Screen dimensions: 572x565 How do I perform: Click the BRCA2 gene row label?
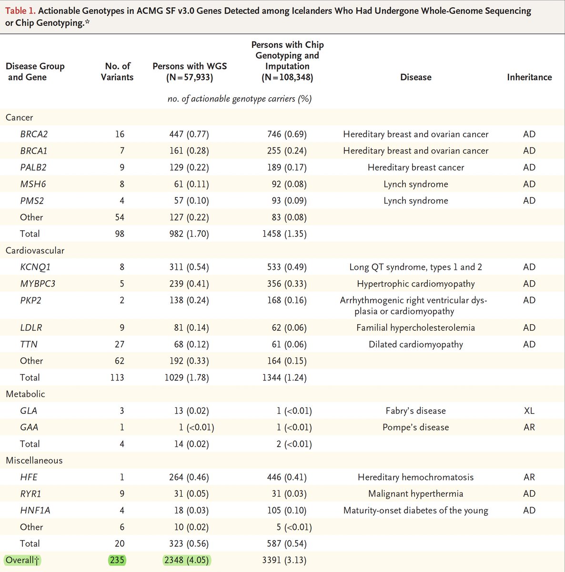pos(34,134)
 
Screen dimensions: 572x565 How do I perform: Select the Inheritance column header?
pos(529,77)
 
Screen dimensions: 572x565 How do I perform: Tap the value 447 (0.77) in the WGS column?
pos(189,134)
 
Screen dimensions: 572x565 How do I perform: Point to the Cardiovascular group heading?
pos(35,251)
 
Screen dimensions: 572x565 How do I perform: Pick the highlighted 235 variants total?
pos(117,560)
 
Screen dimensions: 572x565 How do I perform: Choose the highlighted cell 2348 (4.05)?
pos(186,560)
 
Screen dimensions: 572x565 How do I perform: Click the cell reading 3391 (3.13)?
pos(284,560)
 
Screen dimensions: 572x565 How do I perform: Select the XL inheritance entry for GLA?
pos(529,411)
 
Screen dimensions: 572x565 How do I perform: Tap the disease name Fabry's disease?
pos(415,411)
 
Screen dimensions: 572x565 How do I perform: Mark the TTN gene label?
pos(29,345)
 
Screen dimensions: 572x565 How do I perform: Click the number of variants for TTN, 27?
pos(119,345)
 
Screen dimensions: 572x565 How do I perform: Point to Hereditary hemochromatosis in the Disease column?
pos(415,477)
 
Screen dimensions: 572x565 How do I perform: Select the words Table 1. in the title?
pos(20,10)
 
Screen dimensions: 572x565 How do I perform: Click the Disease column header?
pos(415,77)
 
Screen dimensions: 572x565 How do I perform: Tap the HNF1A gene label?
pos(35,511)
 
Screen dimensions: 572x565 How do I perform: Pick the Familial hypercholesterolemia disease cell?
pos(415,328)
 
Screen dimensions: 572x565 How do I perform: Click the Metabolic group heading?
pos(25,394)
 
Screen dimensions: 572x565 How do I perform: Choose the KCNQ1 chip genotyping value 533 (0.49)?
pos(287,267)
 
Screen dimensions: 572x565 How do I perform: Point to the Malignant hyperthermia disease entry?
pos(415,494)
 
